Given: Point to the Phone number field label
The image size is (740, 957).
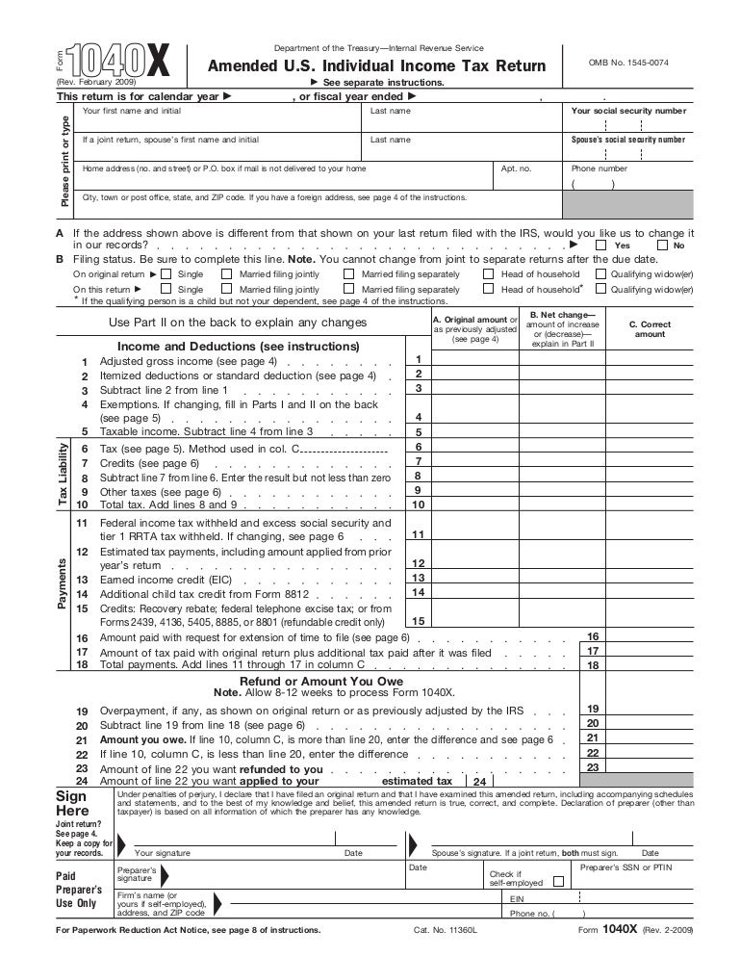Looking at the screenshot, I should click(599, 168).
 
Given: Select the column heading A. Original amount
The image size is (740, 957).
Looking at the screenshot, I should click(475, 320).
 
